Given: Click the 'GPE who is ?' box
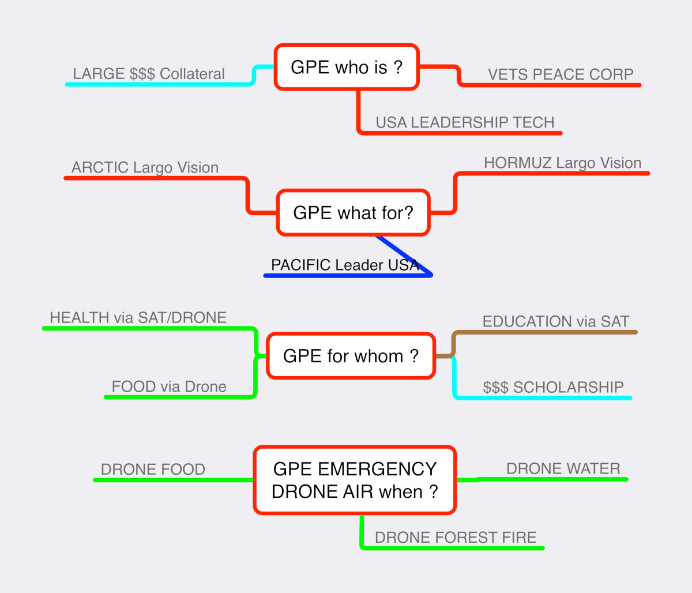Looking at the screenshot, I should (x=347, y=67).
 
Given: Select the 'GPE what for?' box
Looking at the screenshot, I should (x=353, y=213).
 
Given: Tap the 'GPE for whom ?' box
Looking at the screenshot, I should (x=351, y=356).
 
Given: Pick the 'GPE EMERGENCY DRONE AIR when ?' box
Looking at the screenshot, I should (x=355, y=480).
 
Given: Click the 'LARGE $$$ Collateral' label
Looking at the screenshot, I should (x=149, y=74).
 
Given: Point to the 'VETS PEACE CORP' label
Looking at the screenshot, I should (x=561, y=74).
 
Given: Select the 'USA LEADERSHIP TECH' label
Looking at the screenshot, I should (x=465, y=122).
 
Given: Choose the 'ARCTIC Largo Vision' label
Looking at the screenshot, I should (x=145, y=167).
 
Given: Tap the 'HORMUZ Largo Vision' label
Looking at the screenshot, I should (x=562, y=163).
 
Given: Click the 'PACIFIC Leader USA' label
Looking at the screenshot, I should (x=345, y=265).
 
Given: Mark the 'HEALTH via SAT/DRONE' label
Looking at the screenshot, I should (x=138, y=317).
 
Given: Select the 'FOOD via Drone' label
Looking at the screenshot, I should (x=169, y=386).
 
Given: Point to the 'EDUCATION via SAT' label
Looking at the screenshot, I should (x=556, y=321).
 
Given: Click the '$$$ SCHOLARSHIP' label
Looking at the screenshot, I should (x=553, y=386).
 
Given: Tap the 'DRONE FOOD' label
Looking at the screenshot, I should (x=153, y=469).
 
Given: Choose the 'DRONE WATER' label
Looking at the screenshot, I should (x=563, y=468).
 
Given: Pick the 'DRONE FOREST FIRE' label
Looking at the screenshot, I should (x=456, y=537).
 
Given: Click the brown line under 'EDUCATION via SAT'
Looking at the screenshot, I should (x=548, y=332).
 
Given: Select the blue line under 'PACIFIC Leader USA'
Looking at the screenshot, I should (x=346, y=276).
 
